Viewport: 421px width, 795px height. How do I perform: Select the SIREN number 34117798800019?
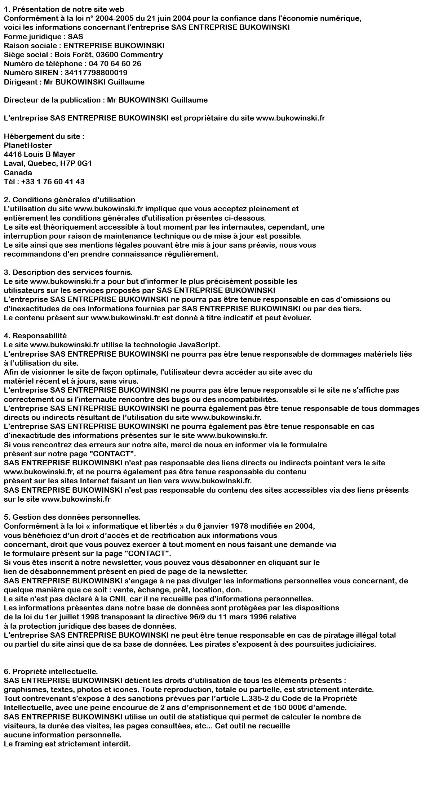click(x=96, y=73)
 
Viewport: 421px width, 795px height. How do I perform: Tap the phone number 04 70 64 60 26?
click(x=112, y=64)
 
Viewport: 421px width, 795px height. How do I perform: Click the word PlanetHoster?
click(x=28, y=145)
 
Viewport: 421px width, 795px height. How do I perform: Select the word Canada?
click(x=18, y=172)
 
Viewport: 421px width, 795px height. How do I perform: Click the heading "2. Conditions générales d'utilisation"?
click(x=70, y=200)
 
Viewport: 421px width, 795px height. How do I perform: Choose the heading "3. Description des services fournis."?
click(x=68, y=272)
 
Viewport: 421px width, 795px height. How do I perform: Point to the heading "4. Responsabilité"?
click(x=35, y=336)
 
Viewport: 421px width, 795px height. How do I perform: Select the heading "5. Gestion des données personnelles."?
click(x=72, y=517)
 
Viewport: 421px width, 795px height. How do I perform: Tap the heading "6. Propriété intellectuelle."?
click(x=51, y=672)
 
